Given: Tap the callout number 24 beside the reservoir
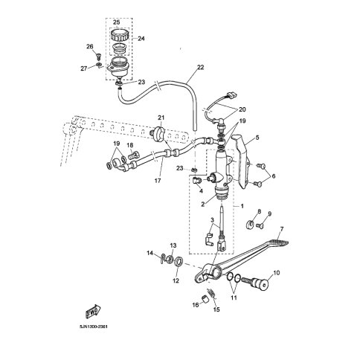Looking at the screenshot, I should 142,39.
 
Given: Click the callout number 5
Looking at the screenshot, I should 257,138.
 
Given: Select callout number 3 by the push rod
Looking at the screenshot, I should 213,219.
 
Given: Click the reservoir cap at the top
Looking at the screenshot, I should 117,35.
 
